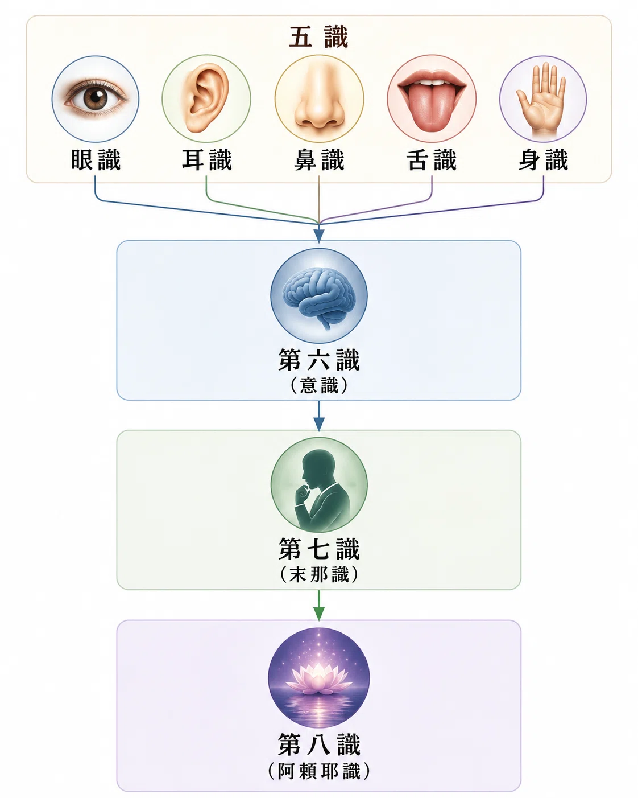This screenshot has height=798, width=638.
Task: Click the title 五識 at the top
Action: click(318, 37)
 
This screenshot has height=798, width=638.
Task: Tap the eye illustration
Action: click(96, 98)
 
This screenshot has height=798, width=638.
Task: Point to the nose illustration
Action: click(319, 97)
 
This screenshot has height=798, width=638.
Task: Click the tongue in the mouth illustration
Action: click(431, 107)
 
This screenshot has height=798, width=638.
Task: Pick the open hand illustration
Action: click(542, 100)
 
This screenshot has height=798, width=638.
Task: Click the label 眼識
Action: click(96, 160)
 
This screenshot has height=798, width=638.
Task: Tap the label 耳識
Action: click(207, 160)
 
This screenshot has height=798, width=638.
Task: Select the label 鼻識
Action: click(319, 160)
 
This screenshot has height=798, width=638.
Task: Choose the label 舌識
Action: click(431, 160)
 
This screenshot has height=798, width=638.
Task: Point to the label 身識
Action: click(543, 160)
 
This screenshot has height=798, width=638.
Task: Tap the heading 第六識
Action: click(318, 360)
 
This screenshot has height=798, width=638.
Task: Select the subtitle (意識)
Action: click(318, 386)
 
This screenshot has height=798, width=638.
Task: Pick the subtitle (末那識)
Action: click(318, 575)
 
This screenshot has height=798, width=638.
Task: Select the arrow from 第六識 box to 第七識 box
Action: click(318, 416)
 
